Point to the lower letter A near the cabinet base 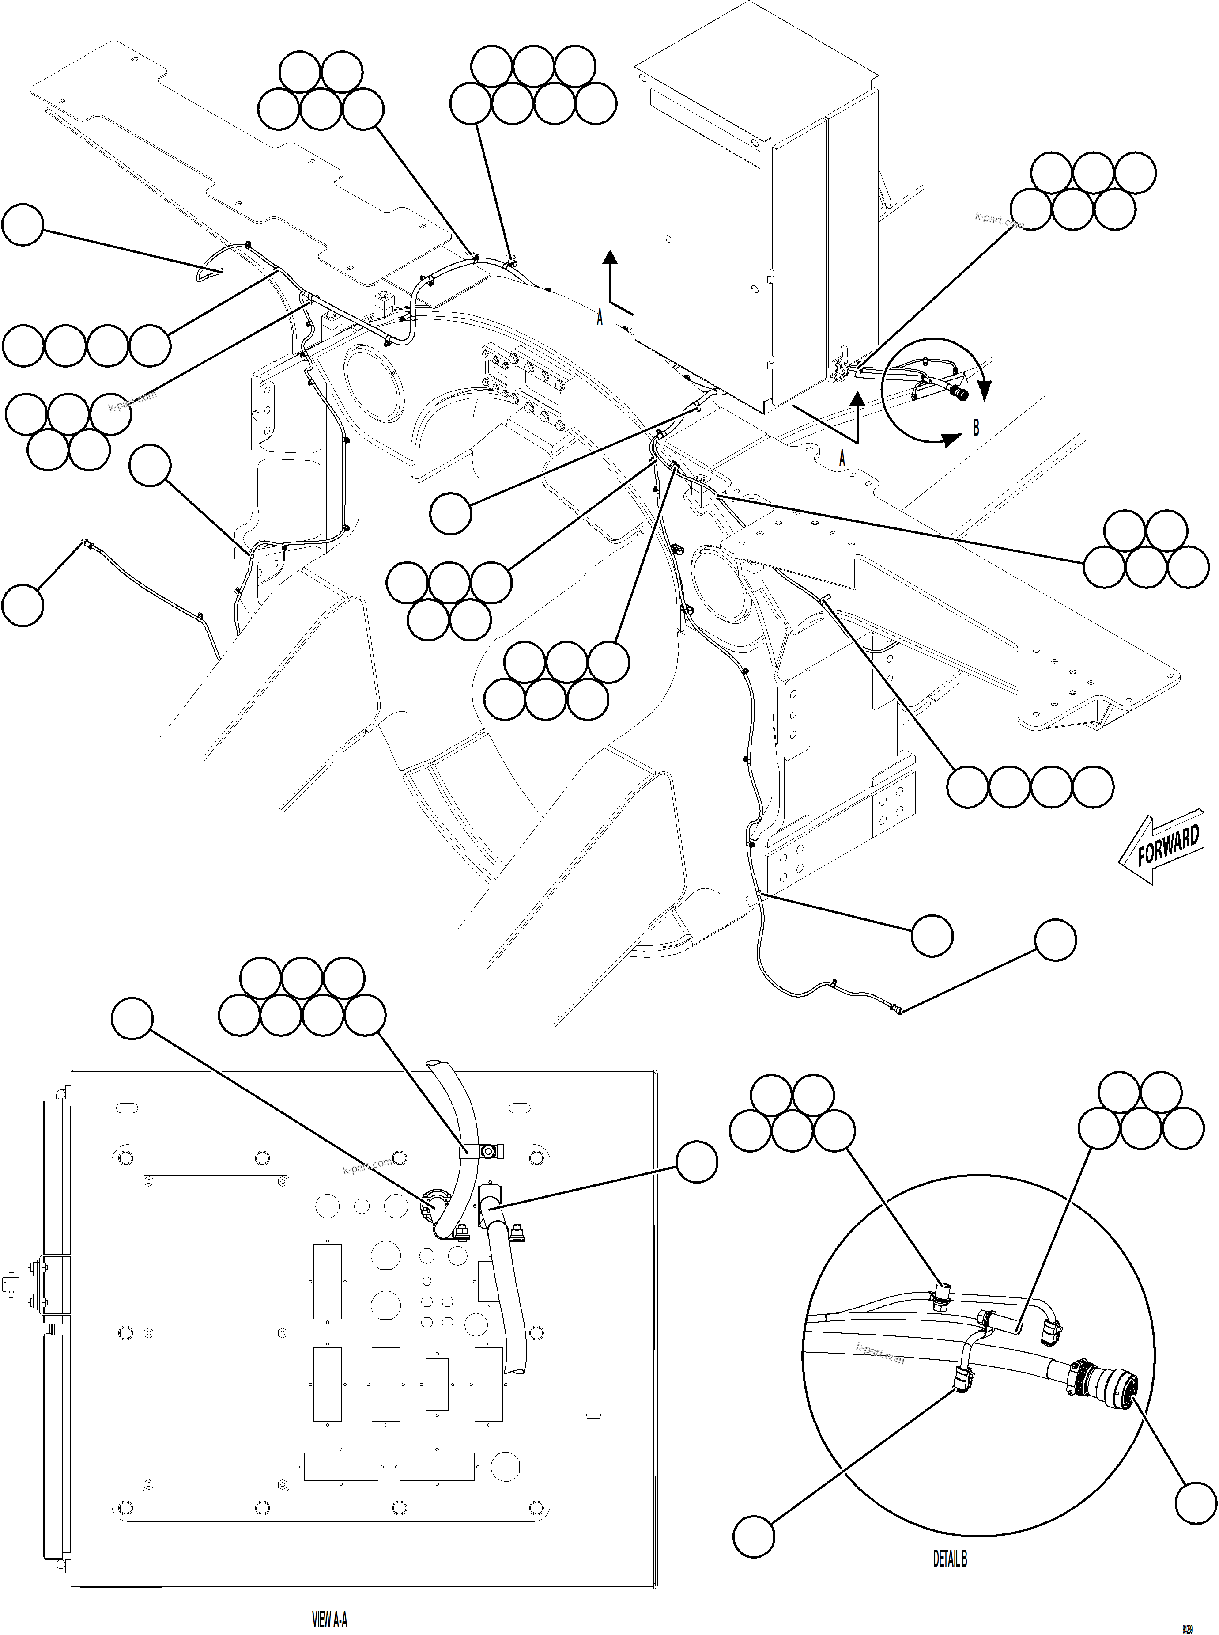click(x=842, y=459)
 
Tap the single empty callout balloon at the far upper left click(x=23, y=225)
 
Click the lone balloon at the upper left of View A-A click(x=132, y=1019)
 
